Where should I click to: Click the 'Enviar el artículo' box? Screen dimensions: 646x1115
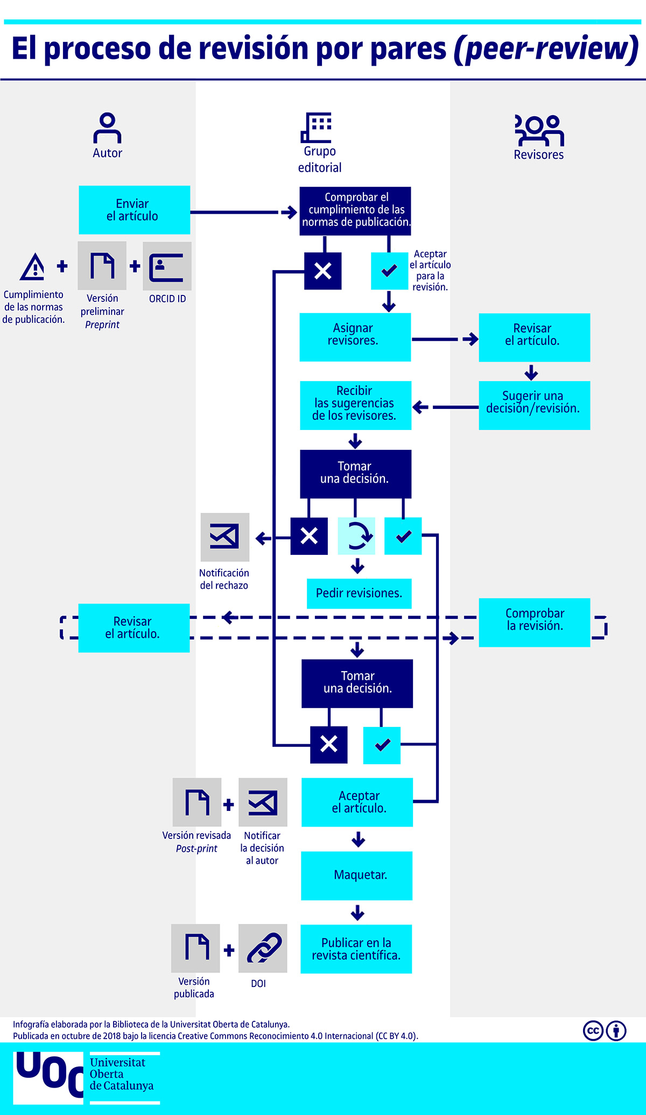(134, 210)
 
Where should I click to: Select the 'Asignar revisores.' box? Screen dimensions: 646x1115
(355, 337)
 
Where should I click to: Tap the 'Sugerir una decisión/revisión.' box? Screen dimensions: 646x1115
(535, 405)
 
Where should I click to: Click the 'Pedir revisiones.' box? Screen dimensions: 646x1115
(359, 594)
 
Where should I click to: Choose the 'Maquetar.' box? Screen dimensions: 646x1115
(357, 876)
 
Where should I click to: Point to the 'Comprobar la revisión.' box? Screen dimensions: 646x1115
(535, 622)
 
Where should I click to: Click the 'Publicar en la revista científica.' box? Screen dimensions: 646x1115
(356, 949)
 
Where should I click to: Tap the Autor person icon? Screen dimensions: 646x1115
(107, 128)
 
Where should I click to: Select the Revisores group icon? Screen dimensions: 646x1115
(539, 130)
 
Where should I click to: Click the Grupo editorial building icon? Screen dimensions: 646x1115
(316, 128)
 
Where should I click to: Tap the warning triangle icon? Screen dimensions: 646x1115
(33, 266)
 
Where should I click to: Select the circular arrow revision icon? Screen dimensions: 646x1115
(356, 535)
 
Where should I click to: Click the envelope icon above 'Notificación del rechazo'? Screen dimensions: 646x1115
(225, 537)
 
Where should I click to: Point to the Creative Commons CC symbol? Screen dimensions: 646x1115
(593, 1031)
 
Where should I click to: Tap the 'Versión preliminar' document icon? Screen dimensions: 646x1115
(102, 266)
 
